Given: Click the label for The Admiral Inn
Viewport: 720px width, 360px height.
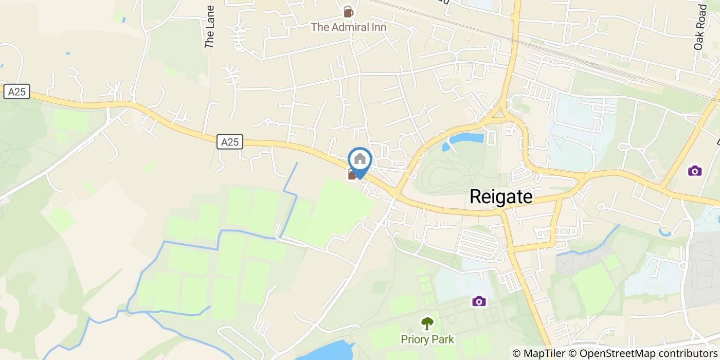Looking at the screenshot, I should (348, 27).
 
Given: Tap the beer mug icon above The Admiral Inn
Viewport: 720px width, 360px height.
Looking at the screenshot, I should (348, 11).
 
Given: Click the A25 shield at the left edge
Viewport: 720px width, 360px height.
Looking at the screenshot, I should (17, 92).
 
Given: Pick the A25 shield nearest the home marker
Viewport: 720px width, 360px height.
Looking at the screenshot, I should (229, 142).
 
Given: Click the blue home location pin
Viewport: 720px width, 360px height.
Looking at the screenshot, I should (359, 161).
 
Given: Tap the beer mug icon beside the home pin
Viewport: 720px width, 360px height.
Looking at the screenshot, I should (352, 174).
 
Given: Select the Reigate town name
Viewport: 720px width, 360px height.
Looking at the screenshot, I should (501, 197).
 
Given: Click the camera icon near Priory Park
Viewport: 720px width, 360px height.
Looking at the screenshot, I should (479, 300).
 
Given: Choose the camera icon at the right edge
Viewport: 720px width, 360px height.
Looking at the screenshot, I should (694, 170).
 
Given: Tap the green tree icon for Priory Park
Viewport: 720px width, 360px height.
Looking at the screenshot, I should (427, 323).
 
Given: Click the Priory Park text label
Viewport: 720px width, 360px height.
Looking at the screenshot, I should (427, 339).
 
